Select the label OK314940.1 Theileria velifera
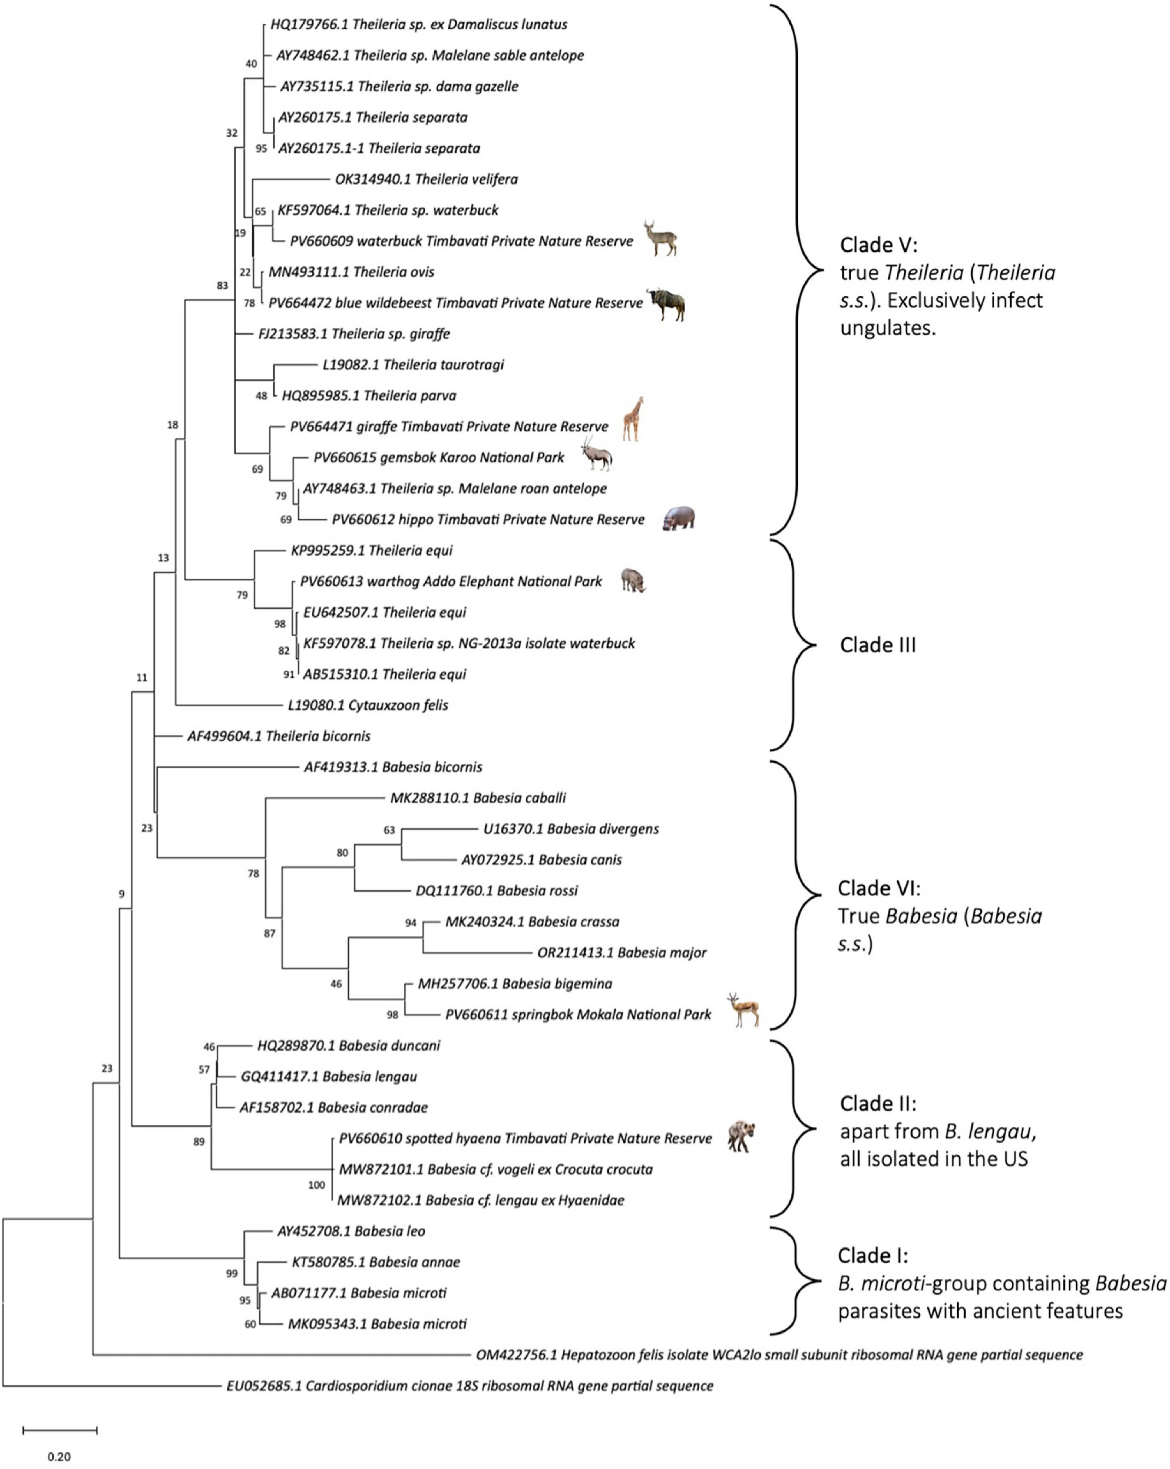pyautogui.click(x=426, y=179)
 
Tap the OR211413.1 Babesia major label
pyautogui.click(x=622, y=952)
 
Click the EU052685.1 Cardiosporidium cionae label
pyautogui.click(x=470, y=1386)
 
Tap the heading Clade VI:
pyautogui.click(x=878, y=888)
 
